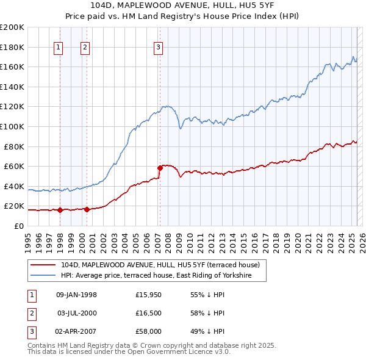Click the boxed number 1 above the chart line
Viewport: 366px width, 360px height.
[x=59, y=48]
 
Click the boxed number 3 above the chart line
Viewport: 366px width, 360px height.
[x=158, y=48]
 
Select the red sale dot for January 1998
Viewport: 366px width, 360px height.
[x=60, y=210]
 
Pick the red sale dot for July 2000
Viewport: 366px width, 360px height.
[x=87, y=209]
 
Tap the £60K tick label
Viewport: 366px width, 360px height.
[x=15, y=166]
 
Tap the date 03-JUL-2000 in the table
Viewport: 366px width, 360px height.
[x=77, y=314]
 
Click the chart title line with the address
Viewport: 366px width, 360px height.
[x=182, y=6]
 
